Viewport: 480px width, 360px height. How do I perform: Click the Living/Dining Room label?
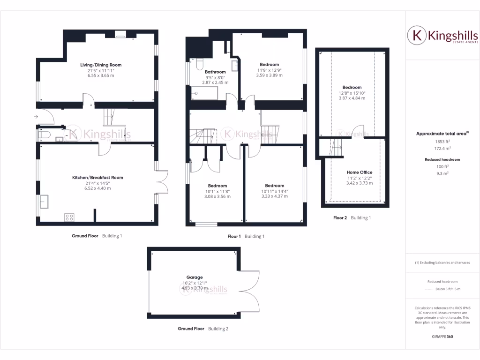tap(97, 65)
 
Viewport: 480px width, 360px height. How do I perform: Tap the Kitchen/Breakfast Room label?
tap(97, 177)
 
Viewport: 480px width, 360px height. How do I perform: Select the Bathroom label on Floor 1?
tap(215, 72)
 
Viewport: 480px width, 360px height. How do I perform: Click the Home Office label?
tap(360, 172)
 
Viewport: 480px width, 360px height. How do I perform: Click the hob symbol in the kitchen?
tap(69, 217)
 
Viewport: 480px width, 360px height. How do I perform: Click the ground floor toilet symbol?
tap(45, 135)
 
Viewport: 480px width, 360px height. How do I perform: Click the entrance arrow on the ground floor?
tap(37, 116)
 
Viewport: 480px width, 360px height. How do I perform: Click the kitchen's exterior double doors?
tap(162, 181)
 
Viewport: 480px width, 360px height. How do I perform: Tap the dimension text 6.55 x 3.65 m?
tap(97, 75)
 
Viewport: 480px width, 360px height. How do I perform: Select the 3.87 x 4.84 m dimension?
tap(352, 98)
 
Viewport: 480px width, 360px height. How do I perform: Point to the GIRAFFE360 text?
tap(442, 337)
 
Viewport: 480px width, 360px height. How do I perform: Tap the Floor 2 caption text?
tap(340, 217)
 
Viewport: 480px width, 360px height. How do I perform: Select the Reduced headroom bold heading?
tap(442, 159)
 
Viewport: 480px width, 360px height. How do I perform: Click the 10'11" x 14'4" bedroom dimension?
tap(274, 191)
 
